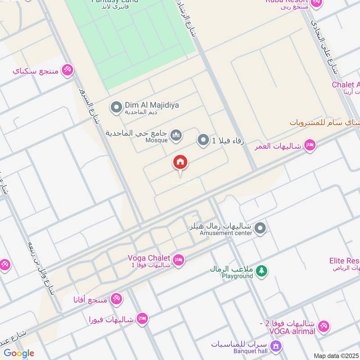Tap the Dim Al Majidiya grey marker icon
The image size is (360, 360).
(x=117, y=108)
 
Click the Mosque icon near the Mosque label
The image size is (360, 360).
(x=176, y=135)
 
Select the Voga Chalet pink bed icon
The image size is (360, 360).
(x=179, y=261)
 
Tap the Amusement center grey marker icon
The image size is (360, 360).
(x=260, y=229)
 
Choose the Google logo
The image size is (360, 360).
(x=19, y=353)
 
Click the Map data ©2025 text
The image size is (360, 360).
(x=336, y=355)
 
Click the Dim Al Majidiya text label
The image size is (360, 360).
(x=152, y=105)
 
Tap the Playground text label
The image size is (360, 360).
(x=237, y=276)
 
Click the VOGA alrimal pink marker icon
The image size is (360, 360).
(x=324, y=327)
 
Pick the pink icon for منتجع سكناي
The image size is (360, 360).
(x=67, y=70)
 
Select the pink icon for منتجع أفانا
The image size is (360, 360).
(x=116, y=298)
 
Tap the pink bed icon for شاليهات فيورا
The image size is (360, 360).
(x=142, y=319)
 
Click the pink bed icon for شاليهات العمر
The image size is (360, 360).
(x=310, y=145)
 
